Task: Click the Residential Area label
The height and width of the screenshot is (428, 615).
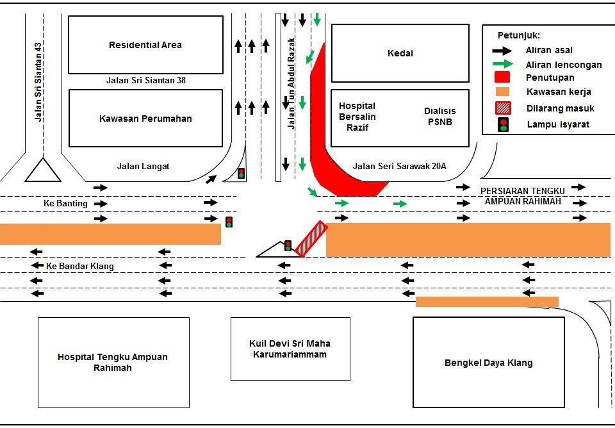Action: pos(145,45)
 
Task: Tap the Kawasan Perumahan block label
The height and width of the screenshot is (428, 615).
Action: pos(145,119)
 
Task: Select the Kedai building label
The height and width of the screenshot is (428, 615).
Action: pos(400,53)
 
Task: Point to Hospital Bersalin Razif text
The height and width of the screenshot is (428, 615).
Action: pos(357,116)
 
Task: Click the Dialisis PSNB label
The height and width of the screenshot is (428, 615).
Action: pos(439,116)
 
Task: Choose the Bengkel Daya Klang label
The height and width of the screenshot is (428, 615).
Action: pos(489,363)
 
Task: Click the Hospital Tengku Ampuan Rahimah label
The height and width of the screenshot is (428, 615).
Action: pos(113,363)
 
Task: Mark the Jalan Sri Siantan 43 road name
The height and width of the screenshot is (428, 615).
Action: pos(38,82)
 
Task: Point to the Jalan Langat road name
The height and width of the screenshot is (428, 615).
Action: pos(143,167)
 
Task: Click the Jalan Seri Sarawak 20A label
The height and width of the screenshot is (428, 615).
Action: pos(400,167)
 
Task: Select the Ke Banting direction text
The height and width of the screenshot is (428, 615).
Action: pos(65,204)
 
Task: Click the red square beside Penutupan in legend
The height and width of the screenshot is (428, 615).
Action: pos(504,78)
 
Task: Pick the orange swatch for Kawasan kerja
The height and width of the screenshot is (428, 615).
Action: pos(504,92)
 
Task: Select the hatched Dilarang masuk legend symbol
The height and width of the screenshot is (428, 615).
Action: pos(504,108)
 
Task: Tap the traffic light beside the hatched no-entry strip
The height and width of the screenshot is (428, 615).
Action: pos(288,245)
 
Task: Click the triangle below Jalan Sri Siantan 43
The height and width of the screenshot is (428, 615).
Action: pos(43,170)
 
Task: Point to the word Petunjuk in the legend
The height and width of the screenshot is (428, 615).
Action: pos(520,36)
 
